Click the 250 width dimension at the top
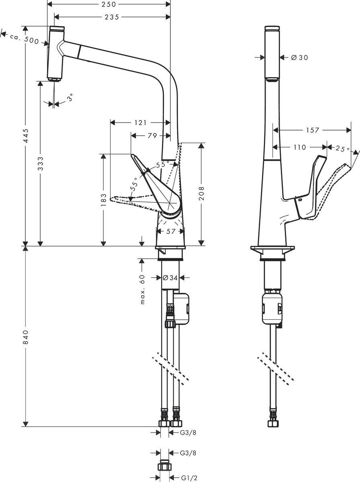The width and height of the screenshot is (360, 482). (x=108, y=4)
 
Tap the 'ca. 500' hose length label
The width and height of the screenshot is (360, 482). (x=24, y=38)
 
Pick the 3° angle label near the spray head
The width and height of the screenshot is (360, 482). (x=70, y=98)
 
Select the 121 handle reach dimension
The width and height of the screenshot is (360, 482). (x=140, y=123)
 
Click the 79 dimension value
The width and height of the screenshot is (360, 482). (x=152, y=136)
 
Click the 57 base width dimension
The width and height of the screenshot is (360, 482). (x=170, y=231)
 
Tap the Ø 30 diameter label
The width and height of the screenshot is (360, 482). (x=299, y=58)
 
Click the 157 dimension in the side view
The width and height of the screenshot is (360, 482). (x=312, y=130)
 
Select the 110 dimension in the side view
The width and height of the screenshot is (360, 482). (x=299, y=147)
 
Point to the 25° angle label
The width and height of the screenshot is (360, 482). (x=342, y=149)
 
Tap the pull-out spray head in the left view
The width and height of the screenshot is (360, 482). (x=55, y=54)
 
